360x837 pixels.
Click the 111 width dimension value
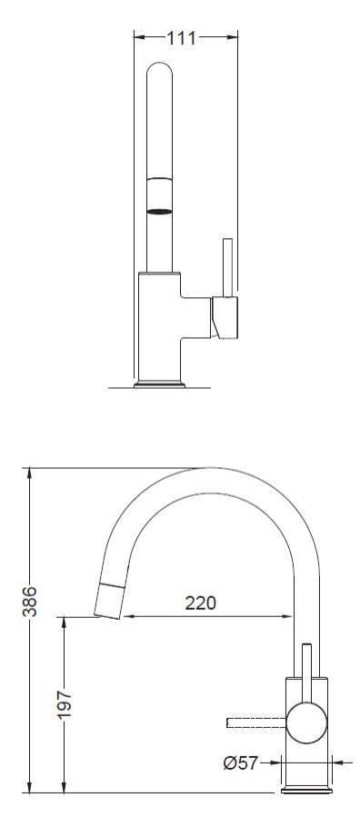pos(182,38)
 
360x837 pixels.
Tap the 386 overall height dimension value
pos(30,601)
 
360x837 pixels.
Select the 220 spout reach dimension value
pos(201,603)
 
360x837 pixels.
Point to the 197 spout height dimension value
pos(65,704)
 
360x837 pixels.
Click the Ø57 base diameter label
pos(240,763)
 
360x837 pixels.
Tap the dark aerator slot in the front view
pos(160,211)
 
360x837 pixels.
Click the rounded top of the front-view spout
pos(160,69)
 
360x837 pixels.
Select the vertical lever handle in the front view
pos(226,267)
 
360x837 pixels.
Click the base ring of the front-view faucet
pos(159,384)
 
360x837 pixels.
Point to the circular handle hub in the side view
pos(306,722)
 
